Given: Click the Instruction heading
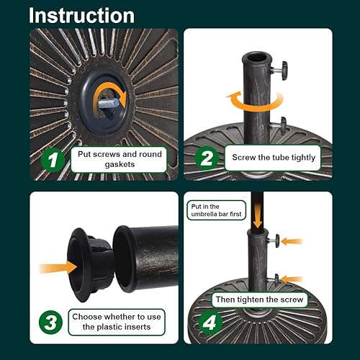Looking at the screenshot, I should point(82,16).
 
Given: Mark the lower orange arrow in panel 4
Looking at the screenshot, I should point(292,279).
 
